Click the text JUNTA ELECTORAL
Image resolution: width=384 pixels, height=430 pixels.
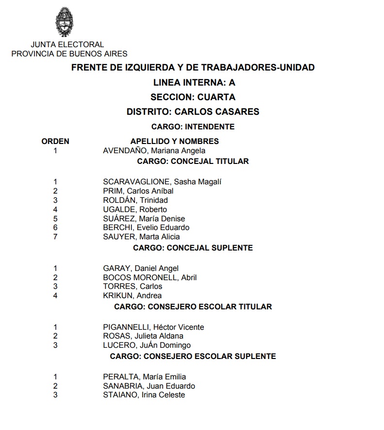pos(67,45)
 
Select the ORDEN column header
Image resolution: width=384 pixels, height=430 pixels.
pos(55,142)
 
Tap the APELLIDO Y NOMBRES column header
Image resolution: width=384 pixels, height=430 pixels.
pos(174,142)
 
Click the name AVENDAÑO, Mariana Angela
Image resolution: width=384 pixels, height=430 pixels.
pos(154,151)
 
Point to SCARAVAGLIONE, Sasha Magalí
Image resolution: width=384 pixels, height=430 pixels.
pos(162,182)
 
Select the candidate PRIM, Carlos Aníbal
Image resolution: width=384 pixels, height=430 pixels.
pos(138,191)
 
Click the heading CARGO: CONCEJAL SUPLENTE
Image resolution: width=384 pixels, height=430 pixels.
pos(193,248)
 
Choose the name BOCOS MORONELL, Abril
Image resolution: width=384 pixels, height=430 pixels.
pos(150,278)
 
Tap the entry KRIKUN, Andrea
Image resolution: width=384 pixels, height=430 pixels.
pos(132,296)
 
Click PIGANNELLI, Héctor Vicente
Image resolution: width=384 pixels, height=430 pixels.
pos(153,327)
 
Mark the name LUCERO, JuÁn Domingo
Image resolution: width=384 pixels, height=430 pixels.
pos(147,345)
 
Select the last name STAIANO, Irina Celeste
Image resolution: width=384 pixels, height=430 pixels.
pos(144,395)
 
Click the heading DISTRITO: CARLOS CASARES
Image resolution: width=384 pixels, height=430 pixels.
pos(193,112)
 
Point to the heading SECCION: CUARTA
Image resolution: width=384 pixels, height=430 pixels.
pos(193,97)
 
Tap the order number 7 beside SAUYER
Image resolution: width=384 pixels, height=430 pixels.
pos(55,237)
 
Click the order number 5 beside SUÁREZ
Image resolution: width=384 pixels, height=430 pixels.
pos(55,219)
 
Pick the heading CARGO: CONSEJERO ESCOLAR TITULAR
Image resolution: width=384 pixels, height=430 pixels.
pos(193,307)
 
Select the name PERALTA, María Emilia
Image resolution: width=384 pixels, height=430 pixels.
pos(144,377)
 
